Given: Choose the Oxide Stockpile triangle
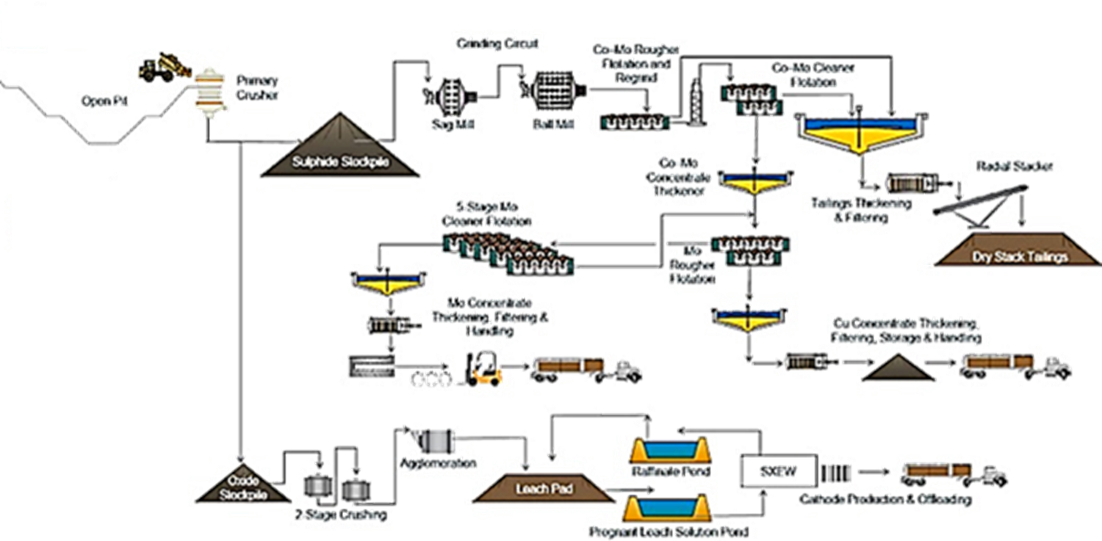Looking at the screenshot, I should (245, 485).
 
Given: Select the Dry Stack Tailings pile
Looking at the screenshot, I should (1018, 250).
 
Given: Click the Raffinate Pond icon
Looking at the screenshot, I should (674, 449).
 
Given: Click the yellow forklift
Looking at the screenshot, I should (486, 367).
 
